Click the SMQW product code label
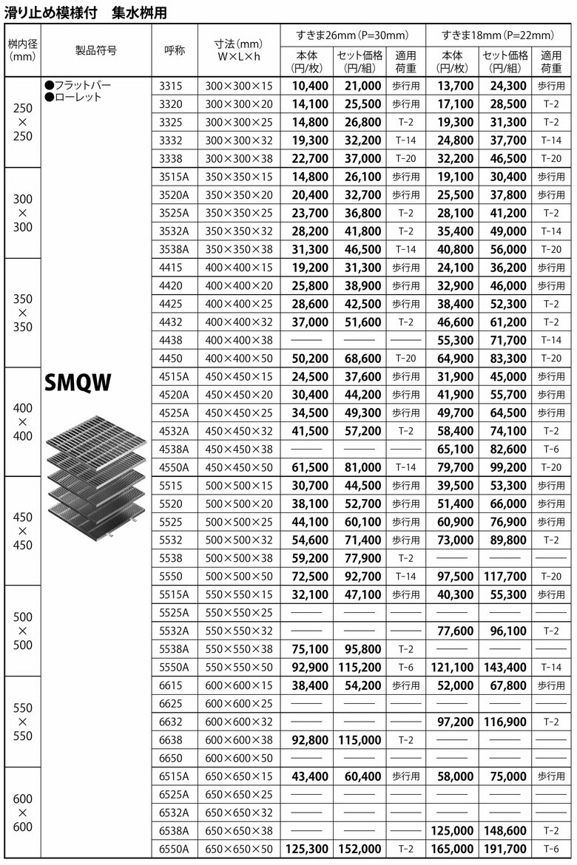click(78, 382)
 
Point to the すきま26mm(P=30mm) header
click(352, 35)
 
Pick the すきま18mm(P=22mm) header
click(498, 35)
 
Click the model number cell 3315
click(171, 86)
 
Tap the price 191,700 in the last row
click(505, 849)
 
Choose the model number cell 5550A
click(174, 667)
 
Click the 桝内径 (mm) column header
click(23, 50)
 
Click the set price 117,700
click(505, 576)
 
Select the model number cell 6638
click(171, 739)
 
